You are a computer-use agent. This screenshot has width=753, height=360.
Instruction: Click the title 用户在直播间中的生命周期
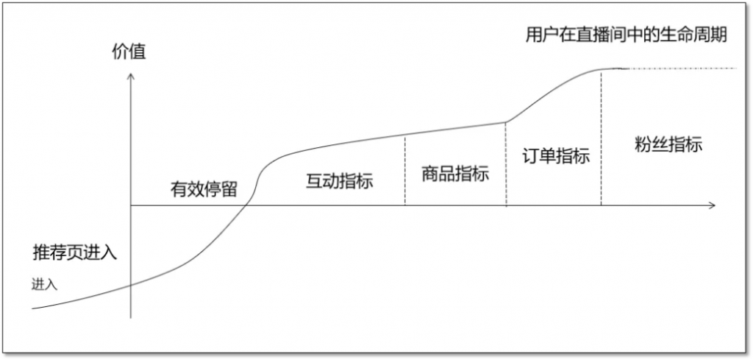coord(627,35)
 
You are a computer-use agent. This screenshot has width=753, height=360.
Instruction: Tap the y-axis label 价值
coord(129,52)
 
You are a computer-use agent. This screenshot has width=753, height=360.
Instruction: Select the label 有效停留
coord(204,189)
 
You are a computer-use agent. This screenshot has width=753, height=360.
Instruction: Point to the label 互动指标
coord(340,181)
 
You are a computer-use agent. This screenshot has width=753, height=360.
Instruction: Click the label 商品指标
coord(455,174)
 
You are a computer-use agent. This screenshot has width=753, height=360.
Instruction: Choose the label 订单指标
coord(556,156)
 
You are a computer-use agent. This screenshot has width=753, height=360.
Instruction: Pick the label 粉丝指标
coord(668,144)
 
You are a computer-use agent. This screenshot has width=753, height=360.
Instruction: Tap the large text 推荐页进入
coord(75,253)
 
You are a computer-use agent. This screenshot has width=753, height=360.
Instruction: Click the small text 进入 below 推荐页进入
coord(45,284)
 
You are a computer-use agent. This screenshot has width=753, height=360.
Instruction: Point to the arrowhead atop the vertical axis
coord(131,76)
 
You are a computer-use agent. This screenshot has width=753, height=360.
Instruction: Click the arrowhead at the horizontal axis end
coord(712,205)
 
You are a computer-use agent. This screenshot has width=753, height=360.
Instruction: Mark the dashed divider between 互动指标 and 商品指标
coord(405,170)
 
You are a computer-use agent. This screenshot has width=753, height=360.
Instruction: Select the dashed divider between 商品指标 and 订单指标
coord(506,164)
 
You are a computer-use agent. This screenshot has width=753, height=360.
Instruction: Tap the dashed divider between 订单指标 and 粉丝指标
coord(601,138)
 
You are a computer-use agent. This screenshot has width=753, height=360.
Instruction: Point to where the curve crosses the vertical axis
coord(131,285)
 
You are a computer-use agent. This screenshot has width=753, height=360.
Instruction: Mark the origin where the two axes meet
coord(131,205)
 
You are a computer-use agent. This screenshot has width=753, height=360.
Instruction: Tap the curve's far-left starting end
coord(32,308)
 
